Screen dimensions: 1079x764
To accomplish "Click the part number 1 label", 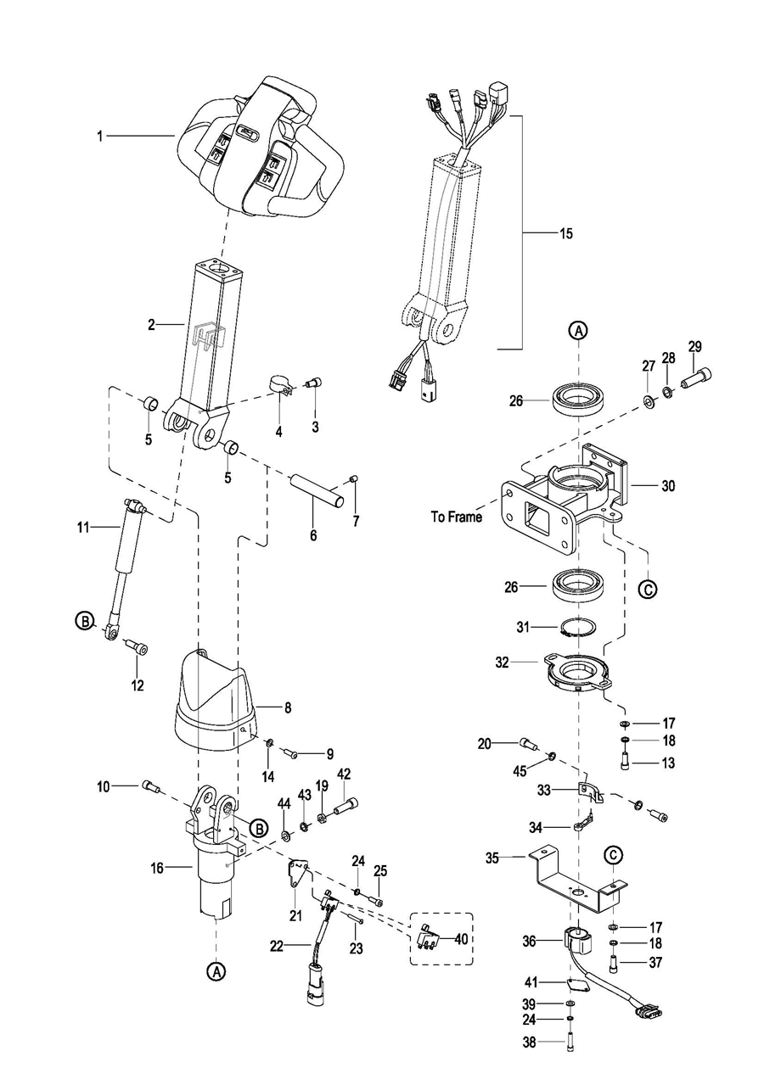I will coord(99,136).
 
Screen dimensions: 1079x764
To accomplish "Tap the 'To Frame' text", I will coord(455,517).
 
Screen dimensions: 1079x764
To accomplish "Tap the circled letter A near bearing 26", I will coord(577,330).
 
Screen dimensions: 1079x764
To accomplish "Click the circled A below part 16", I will coord(216,970).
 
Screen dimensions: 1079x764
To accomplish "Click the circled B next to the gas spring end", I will coord(84,622).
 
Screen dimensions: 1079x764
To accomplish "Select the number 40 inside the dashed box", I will coord(461,939).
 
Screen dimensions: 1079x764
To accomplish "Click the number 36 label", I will coord(530,941).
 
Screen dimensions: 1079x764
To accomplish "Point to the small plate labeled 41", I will coord(578,984).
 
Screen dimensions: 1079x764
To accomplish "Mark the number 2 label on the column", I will coord(151,324).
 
